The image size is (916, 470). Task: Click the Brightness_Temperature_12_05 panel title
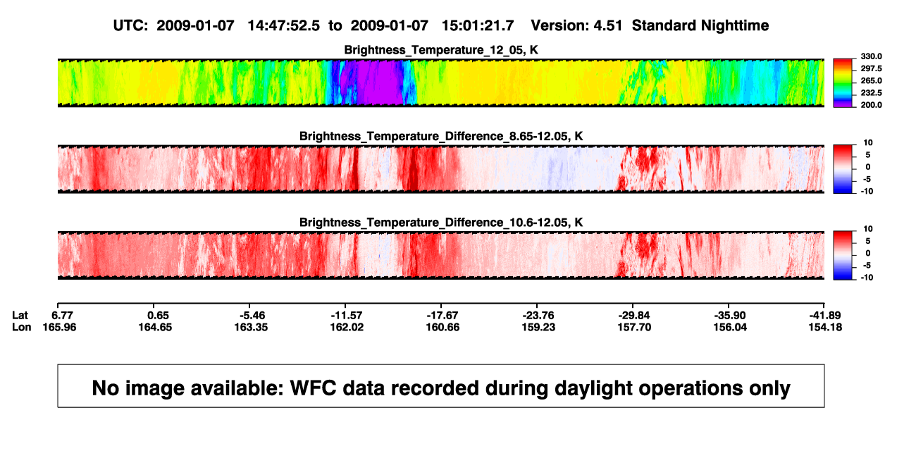pos(441,50)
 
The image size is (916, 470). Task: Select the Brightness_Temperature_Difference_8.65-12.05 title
pos(441,136)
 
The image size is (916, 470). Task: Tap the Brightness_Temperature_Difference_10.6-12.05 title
pos(441,223)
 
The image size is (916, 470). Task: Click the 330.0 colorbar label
pos(871,56)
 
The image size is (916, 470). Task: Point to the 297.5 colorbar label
pos(871,68)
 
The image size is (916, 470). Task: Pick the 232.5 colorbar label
pos(871,93)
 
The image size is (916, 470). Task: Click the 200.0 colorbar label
pos(871,105)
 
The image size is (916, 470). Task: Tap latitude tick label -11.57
pos(347,316)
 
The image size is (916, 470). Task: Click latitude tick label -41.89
pos(825,316)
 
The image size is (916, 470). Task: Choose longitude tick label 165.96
pos(59,327)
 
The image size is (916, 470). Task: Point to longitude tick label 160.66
pos(442,327)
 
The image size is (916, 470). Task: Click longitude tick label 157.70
pos(634,327)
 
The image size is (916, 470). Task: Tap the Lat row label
pos(20,316)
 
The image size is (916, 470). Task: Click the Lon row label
pos(22,327)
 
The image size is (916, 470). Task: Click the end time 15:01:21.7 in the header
pos(478,26)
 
